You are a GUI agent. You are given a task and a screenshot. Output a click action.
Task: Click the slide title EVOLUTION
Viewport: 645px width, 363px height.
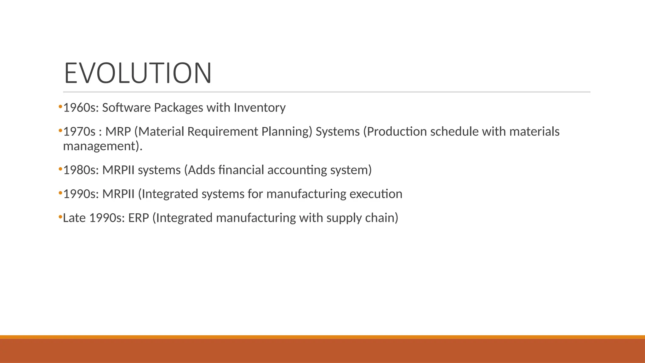138,73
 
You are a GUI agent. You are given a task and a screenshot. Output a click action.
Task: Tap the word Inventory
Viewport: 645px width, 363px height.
260,108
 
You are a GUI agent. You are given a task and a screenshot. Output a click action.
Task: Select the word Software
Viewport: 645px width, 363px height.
126,108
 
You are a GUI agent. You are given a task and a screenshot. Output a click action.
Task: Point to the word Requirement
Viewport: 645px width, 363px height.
223,132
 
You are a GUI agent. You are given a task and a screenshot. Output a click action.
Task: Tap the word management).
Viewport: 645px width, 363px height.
103,146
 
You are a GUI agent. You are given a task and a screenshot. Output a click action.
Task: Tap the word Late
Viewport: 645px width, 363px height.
74,218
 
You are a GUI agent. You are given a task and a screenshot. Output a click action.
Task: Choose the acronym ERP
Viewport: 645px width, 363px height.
138,218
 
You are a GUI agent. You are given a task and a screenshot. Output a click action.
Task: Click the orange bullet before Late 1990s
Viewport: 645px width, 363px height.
60,217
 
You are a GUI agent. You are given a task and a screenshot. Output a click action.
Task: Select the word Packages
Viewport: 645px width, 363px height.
178,108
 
